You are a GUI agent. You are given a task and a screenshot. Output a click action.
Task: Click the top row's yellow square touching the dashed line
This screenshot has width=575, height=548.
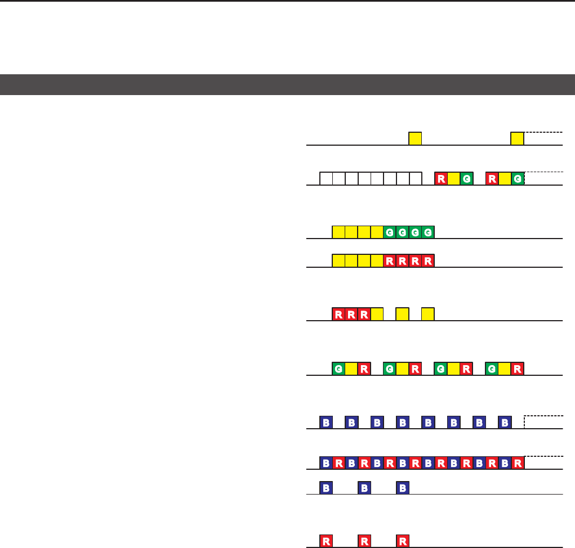[x=517, y=138]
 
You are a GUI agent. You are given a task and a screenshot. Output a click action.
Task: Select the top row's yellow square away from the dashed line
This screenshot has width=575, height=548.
[x=415, y=138]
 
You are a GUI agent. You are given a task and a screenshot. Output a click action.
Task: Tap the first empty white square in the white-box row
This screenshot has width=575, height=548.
[x=326, y=178]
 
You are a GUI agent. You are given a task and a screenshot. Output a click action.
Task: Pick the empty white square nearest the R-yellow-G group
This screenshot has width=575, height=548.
[x=416, y=178]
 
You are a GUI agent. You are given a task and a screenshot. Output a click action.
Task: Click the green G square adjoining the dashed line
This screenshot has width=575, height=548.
[x=518, y=178]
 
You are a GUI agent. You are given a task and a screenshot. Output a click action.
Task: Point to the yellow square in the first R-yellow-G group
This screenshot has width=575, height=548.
[x=453, y=178]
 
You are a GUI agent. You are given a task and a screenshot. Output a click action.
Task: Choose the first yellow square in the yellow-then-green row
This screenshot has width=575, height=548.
[x=338, y=232]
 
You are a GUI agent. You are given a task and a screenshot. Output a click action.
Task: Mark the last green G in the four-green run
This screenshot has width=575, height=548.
[x=428, y=232]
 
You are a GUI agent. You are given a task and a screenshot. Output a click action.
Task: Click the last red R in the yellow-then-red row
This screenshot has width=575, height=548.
[x=428, y=261]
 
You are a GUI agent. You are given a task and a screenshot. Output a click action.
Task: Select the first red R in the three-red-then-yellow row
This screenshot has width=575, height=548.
[x=338, y=315]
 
